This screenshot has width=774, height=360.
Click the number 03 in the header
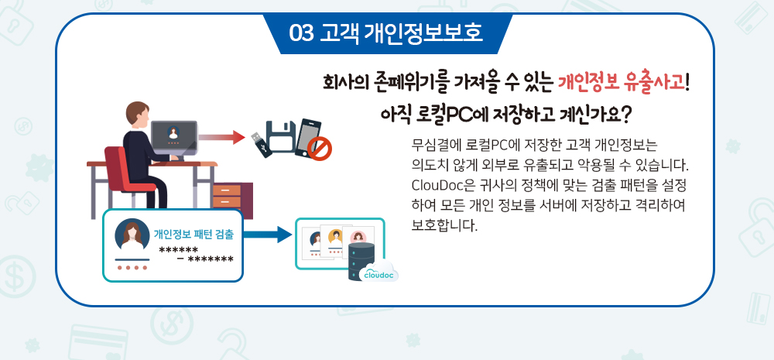[300, 33]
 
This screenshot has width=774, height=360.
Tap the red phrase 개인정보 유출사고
[623, 81]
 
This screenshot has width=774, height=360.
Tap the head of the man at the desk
[135, 113]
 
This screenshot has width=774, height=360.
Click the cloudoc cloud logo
[378, 272]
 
